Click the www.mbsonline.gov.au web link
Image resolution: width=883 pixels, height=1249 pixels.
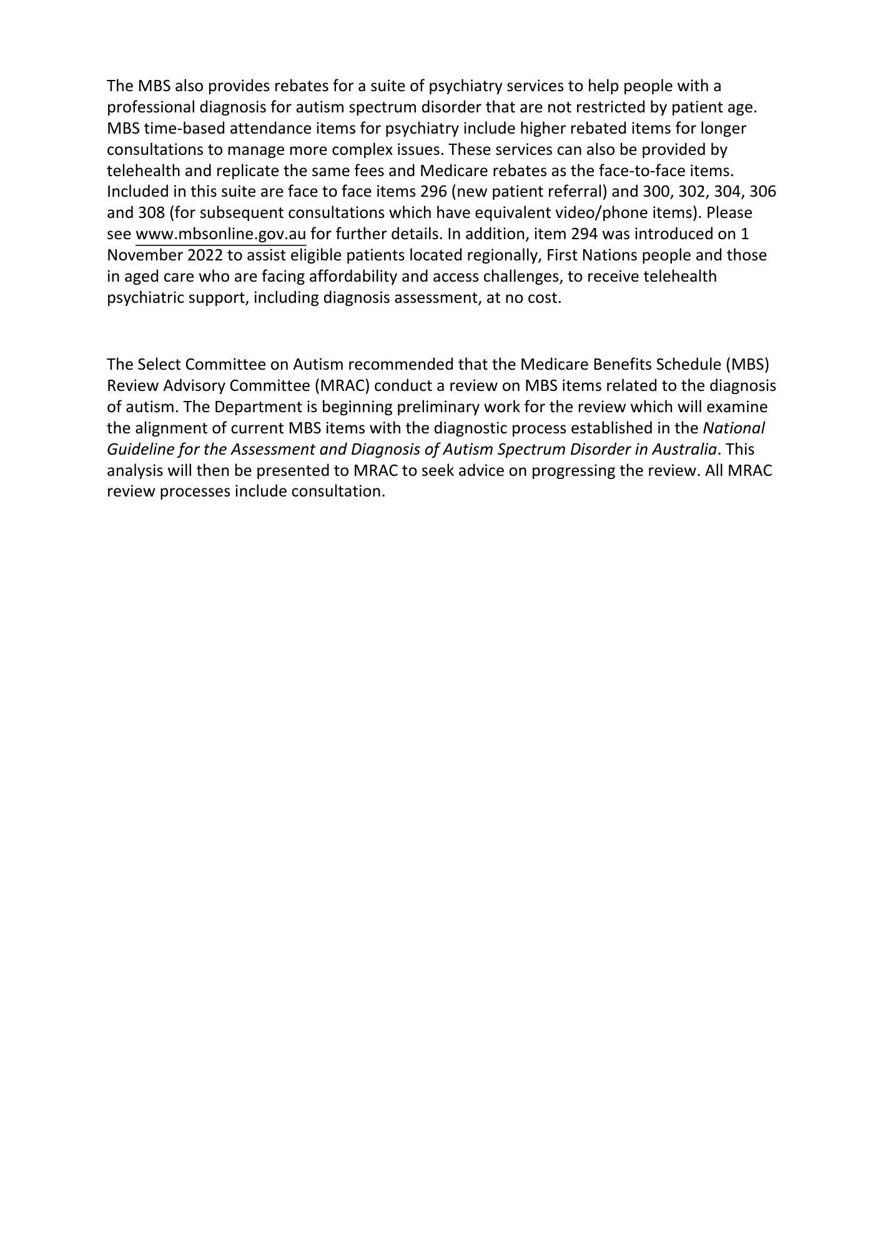click(x=220, y=234)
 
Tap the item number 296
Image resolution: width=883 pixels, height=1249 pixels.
click(x=433, y=192)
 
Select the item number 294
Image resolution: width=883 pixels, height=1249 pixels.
click(x=584, y=234)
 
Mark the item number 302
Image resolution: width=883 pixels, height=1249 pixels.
click(x=692, y=192)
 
